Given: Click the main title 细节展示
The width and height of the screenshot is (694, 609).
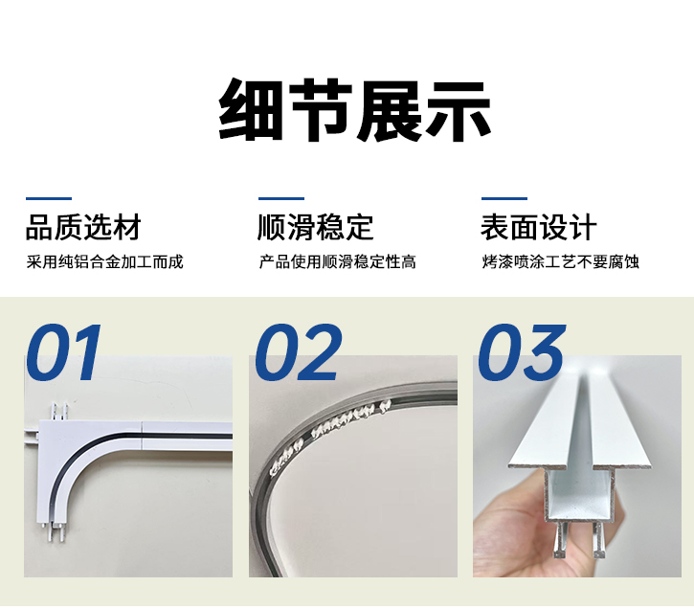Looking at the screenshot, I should (x=355, y=109).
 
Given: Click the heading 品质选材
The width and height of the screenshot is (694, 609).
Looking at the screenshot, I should (x=83, y=228).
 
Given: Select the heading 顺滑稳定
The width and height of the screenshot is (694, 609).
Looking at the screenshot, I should (x=316, y=228).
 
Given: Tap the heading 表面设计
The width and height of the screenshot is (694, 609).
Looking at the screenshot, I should (x=538, y=228).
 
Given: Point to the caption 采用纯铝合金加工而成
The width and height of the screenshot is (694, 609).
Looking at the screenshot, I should (x=104, y=261).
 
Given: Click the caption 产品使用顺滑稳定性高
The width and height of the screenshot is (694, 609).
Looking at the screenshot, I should (x=337, y=261).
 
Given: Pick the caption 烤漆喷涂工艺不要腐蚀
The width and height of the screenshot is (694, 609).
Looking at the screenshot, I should (x=560, y=261).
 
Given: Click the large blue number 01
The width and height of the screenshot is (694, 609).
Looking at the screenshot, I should (x=64, y=353).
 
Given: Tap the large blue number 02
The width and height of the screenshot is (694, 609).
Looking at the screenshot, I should (x=298, y=353).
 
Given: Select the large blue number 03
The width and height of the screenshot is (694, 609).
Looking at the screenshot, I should (x=522, y=353).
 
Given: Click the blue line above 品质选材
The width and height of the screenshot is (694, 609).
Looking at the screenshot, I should (x=48, y=199).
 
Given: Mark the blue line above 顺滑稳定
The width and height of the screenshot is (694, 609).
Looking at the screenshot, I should (x=280, y=199).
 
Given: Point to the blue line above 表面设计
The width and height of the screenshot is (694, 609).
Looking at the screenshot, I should (x=504, y=199).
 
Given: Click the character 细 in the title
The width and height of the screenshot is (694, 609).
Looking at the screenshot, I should (x=252, y=109).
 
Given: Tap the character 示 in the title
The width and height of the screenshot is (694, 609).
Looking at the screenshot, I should (x=458, y=109).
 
